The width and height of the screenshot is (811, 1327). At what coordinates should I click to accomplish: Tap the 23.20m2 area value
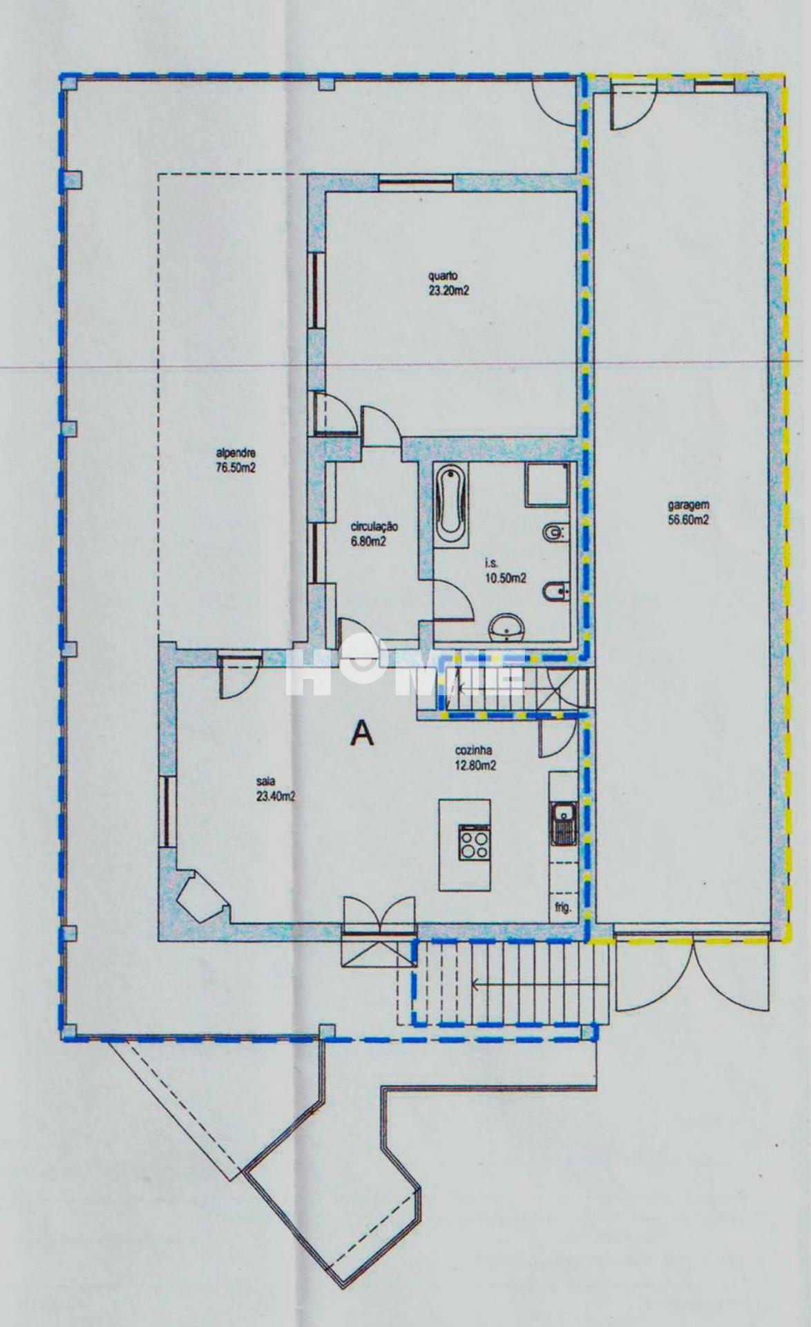[x=448, y=292]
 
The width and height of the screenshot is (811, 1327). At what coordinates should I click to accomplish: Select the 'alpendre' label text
[x=236, y=454]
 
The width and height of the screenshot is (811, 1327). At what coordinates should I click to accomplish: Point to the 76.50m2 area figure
[x=236, y=467]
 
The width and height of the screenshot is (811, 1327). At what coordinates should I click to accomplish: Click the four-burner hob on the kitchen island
[x=474, y=843]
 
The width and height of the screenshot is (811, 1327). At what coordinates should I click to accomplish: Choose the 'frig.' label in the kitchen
[x=562, y=908]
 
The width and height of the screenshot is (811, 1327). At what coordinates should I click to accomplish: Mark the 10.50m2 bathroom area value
[x=505, y=578]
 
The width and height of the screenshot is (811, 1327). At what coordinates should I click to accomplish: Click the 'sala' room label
[x=264, y=783]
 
